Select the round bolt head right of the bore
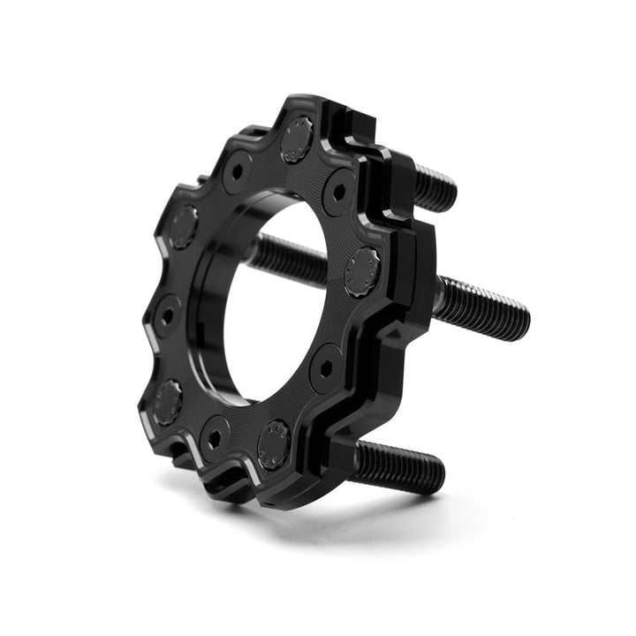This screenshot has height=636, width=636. point(362,271)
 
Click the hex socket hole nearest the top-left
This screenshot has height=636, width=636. point(237,171)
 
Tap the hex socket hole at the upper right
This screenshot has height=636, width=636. point(339,192)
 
